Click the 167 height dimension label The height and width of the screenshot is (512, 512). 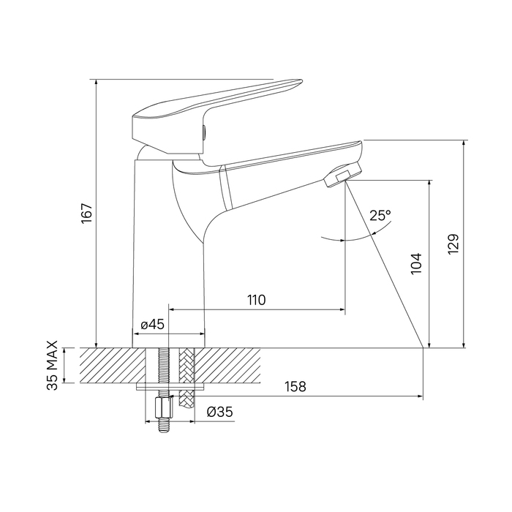pos(87,214)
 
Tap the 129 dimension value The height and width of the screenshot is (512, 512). pos(453,244)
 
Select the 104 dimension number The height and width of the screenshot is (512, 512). pos(416,263)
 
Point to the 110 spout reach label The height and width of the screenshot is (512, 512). pos(256,300)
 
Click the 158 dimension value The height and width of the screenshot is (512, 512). pos(295,387)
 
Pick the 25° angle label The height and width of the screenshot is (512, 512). pos(380,216)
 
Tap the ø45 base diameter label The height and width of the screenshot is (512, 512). pos(152,325)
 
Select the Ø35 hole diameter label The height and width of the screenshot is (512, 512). pos(219,412)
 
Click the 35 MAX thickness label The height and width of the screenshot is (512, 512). pos(53,365)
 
